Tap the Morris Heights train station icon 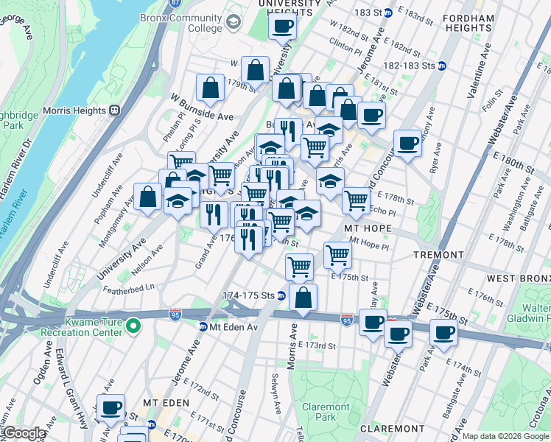[114, 110]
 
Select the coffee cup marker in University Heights [281, 27]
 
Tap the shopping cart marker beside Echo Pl [356, 199]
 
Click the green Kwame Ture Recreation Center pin [133, 325]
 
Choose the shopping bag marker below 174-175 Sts [302, 298]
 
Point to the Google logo [24, 432]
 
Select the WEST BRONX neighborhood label [518, 278]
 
